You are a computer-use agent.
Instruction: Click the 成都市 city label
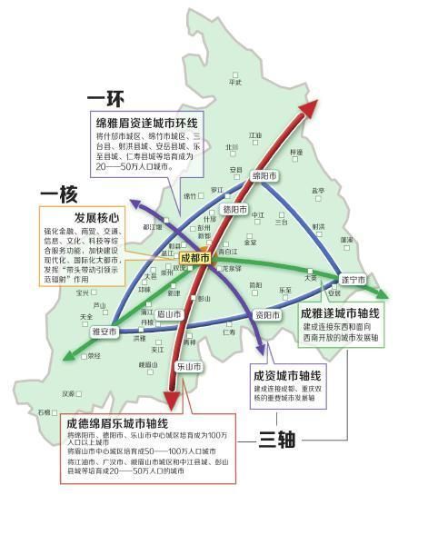196,259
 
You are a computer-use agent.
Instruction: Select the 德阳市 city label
234,210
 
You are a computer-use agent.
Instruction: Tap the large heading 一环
106,96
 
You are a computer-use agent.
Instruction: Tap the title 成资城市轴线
287,374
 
